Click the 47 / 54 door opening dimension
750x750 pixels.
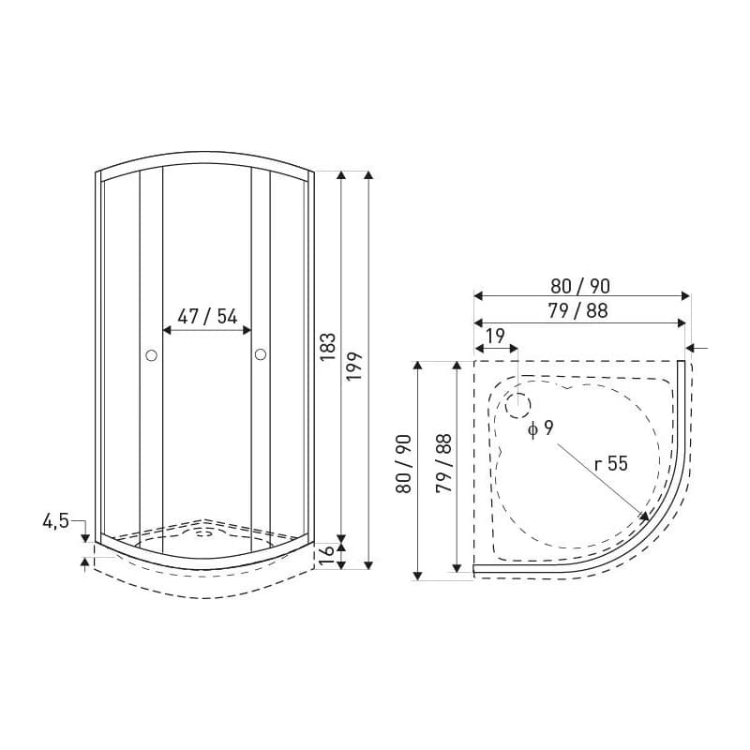click(207, 317)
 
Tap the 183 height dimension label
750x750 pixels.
click(329, 347)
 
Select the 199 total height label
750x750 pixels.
click(355, 367)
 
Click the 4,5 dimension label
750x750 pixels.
click(56, 521)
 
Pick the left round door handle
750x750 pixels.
click(151, 355)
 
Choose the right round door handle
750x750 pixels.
click(261, 354)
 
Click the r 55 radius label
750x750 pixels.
click(611, 463)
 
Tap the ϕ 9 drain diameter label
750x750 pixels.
click(541, 428)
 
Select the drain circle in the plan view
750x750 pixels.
click(518, 406)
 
